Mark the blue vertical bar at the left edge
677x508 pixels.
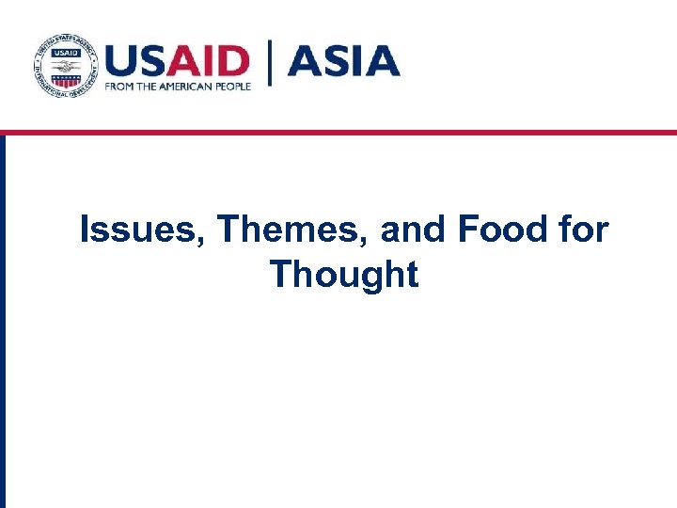pyautogui.click(x=3, y=320)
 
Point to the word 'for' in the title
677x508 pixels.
pyautogui.click(x=583, y=230)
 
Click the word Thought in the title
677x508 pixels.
pyautogui.click(x=343, y=275)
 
